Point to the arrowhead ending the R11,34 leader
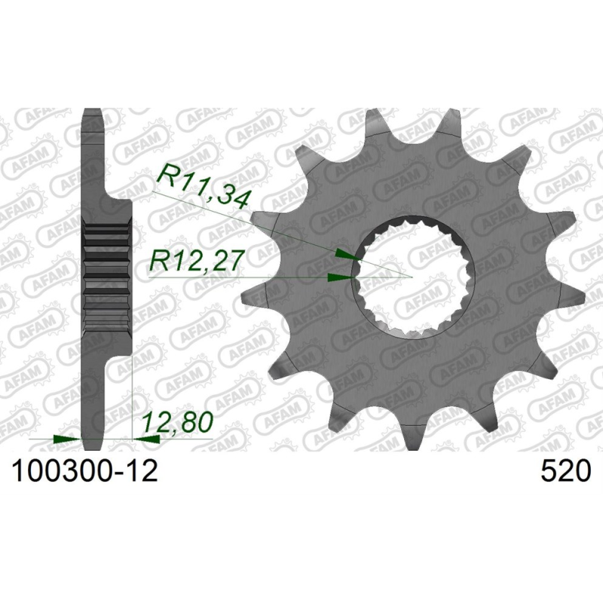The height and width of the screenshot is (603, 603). pos(345,256)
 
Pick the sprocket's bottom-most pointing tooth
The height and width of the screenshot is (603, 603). pos(415,437)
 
